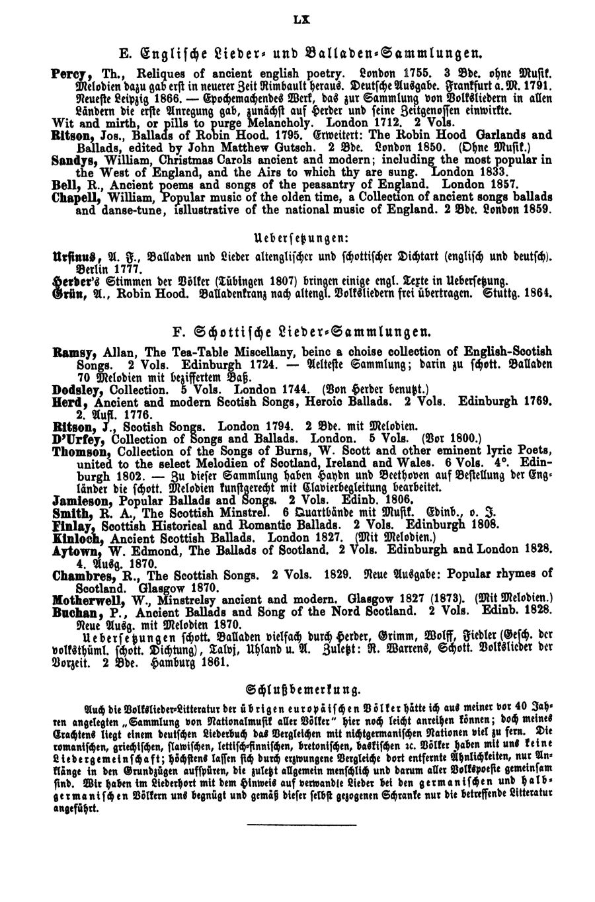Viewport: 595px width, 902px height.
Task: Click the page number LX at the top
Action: pos(301,21)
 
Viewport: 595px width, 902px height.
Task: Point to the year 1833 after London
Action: pos(499,171)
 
